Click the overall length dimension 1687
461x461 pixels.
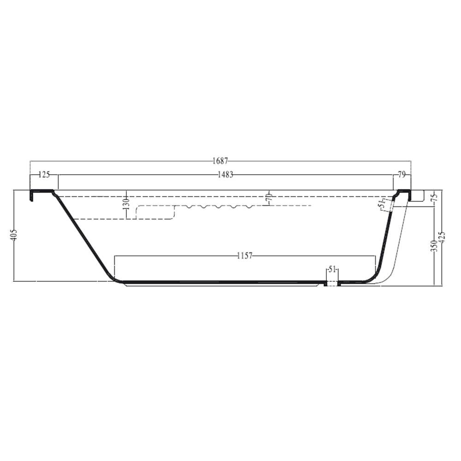pyautogui.click(x=220, y=161)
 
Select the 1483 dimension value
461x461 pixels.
pyautogui.click(x=225, y=175)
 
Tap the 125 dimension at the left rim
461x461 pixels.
pyautogui.click(x=44, y=175)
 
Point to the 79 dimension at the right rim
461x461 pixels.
pyautogui.click(x=402, y=175)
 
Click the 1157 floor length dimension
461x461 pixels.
pyautogui.click(x=245, y=256)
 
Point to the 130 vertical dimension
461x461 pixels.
pyautogui.click(x=126, y=204)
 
